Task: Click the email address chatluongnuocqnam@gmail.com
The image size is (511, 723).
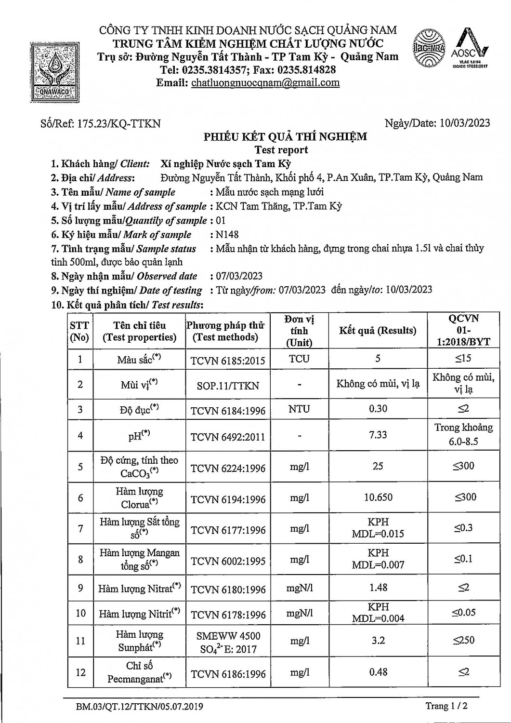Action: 265,82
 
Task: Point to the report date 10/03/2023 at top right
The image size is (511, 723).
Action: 464,123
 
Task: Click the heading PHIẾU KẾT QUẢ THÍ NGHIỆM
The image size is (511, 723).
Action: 285,137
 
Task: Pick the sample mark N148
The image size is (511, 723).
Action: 227,235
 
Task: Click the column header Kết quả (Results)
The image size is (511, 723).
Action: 378,331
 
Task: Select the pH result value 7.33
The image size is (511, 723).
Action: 378,435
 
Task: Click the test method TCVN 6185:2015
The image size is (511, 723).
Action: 228,360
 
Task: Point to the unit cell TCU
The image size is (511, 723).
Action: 299,359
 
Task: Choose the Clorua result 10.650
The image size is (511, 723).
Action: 378,497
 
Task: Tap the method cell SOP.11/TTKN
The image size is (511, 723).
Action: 228,386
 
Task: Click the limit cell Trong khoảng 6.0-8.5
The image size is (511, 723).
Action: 463,434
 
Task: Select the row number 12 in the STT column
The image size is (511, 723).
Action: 80,672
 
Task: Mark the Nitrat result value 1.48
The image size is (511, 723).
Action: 378,588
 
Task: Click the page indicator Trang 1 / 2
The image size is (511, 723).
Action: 446,707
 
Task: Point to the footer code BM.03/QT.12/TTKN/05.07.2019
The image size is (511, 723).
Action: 139,707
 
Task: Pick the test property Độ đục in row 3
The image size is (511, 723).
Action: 139,409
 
